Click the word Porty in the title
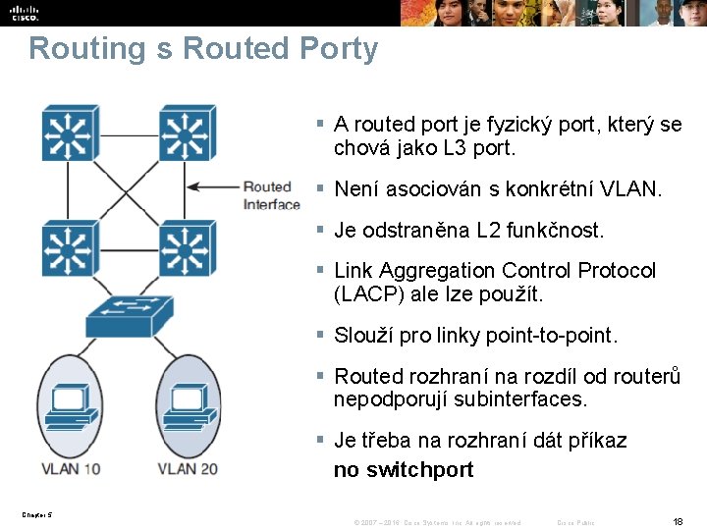pyautogui.click(x=330, y=48)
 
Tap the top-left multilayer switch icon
pyautogui.click(x=69, y=132)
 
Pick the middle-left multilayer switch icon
pyautogui.click(x=69, y=247)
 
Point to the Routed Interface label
pyautogui.click(x=271, y=195)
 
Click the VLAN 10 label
pyautogui.click(x=71, y=468)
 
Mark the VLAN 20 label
pyautogui.click(x=187, y=468)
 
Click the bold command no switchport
pyautogui.click(x=404, y=470)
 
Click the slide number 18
pyautogui.click(x=677, y=521)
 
